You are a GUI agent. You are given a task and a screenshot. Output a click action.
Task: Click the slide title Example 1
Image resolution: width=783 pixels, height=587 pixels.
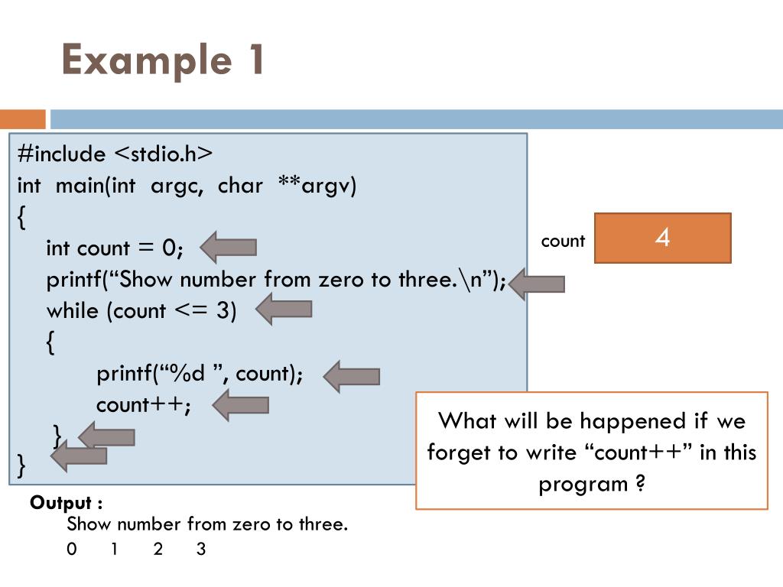163,60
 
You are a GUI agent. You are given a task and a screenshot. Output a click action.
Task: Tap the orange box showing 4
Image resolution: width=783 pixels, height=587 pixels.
662,238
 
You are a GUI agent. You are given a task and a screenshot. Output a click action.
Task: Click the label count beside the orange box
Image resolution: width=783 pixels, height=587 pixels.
563,242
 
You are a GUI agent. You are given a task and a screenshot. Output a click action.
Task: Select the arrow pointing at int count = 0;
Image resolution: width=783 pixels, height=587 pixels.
229,247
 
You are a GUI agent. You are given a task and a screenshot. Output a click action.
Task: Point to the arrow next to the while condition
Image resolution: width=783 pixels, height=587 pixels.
284,309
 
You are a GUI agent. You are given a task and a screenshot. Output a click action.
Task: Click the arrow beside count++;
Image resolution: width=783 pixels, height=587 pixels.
241,404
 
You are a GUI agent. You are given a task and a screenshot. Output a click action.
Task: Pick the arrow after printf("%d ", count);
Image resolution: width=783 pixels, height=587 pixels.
352,376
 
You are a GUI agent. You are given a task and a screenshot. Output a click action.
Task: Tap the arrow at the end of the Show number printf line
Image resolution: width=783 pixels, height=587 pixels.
537,284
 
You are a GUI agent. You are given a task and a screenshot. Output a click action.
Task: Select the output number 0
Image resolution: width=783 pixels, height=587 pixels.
72,549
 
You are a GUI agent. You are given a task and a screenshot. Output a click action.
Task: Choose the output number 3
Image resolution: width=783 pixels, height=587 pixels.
201,549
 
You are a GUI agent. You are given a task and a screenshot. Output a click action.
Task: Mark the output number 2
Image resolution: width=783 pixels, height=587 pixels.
158,549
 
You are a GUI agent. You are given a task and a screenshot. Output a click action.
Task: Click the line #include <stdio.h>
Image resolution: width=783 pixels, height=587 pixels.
115,154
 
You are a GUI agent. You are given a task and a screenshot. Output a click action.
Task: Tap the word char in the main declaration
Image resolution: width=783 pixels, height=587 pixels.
240,186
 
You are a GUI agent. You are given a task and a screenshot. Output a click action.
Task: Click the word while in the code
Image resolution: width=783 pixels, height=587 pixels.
73,310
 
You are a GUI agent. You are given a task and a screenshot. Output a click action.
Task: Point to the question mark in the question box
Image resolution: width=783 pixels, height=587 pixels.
640,485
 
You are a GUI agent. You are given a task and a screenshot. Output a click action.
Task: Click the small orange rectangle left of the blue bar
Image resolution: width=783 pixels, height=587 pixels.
23,119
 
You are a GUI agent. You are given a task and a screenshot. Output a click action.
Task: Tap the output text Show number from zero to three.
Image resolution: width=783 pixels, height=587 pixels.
207,524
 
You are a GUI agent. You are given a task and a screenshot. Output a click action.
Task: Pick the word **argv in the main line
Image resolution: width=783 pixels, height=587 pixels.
317,186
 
